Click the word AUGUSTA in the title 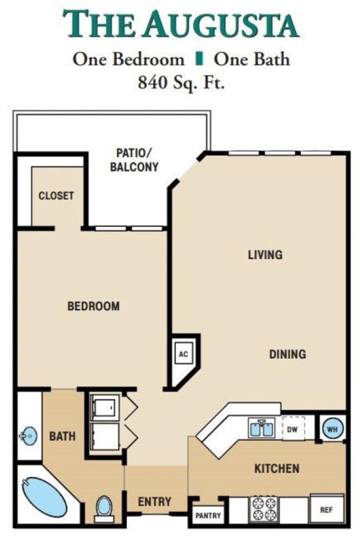click(x=221, y=24)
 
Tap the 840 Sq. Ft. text click(x=182, y=82)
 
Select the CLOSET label click(x=56, y=195)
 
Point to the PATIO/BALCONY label click(x=134, y=160)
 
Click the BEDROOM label click(x=94, y=306)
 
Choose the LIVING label click(x=265, y=255)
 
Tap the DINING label click(x=287, y=354)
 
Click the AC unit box click(x=184, y=354)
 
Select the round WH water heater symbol click(x=332, y=428)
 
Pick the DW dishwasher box click(x=293, y=429)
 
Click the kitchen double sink click(x=262, y=428)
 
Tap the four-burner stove click(x=264, y=509)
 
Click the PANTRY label click(x=208, y=515)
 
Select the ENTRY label click(x=154, y=502)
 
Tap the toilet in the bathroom click(x=104, y=509)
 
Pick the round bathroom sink click(x=29, y=436)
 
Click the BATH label click(x=62, y=436)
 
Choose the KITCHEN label click(x=277, y=468)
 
